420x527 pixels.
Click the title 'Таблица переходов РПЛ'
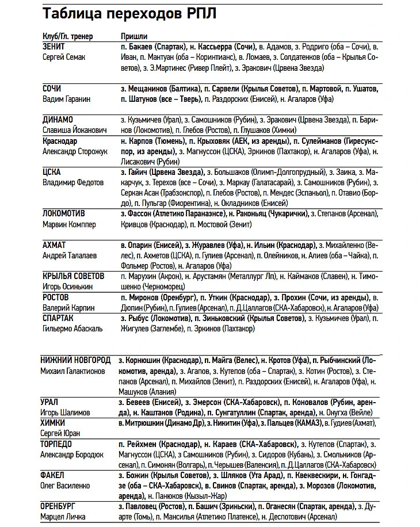point(130,13)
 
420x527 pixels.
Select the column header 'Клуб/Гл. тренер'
point(68,36)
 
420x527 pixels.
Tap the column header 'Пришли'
point(134,36)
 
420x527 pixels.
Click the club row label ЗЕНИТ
point(54,46)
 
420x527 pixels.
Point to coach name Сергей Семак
point(66,56)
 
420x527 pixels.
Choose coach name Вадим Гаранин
point(67,99)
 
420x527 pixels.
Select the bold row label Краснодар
point(60,141)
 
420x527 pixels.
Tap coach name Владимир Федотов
point(73,182)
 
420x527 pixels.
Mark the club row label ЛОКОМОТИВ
point(64,214)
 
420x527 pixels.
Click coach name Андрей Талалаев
point(70,255)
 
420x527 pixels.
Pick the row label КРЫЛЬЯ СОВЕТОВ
point(74,276)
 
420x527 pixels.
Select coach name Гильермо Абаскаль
point(73,329)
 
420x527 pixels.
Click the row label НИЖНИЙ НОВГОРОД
point(76,360)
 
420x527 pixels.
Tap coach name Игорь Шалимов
point(65,412)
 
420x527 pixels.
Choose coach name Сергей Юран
point(60,433)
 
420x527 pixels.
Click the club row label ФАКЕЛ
point(52,475)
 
